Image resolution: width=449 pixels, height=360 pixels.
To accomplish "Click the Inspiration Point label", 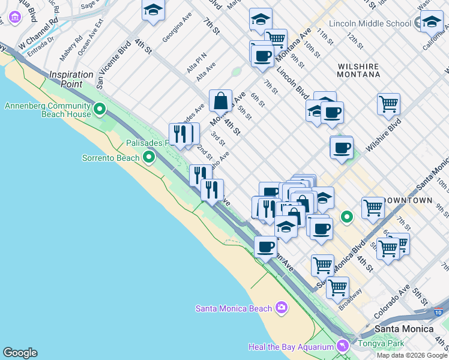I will [x=71, y=79].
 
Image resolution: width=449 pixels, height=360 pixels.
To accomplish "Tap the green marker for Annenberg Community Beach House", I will [x=100, y=110].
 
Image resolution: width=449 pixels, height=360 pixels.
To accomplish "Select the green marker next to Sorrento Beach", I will [x=149, y=158].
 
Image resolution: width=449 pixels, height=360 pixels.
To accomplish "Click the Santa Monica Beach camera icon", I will [x=282, y=308].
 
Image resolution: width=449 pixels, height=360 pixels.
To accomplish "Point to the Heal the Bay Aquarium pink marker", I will [x=342, y=346].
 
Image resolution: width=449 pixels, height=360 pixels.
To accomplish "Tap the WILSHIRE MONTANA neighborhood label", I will [x=359, y=70].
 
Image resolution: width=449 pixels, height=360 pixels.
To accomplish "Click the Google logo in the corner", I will [x=20, y=353].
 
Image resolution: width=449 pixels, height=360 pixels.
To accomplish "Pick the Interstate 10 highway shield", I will [x=437, y=312].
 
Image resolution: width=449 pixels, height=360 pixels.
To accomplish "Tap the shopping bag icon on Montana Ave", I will [x=221, y=100].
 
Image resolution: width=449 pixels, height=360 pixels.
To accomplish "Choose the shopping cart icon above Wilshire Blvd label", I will [x=388, y=103].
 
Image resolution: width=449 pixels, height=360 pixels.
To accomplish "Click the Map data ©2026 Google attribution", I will [x=412, y=355].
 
